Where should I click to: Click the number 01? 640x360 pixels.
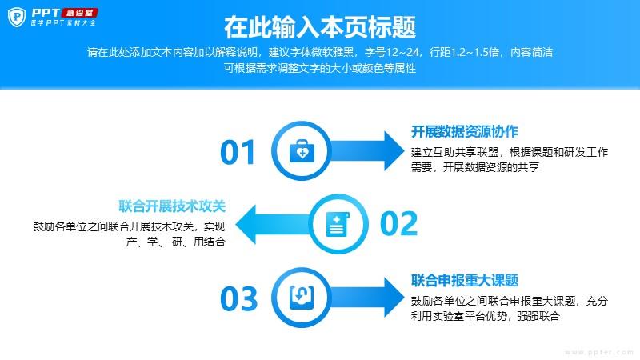(238, 152)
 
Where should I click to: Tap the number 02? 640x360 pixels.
(398, 223)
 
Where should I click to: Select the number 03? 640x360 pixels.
(238, 298)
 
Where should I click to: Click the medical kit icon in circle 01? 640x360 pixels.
(302, 151)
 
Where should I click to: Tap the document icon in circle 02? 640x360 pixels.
(338, 224)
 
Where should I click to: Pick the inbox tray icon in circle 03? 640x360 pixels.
(302, 298)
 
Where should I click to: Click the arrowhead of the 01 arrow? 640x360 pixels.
(394, 150)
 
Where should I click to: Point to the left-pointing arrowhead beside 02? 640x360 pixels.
(246, 224)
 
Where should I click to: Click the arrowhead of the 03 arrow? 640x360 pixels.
(394, 298)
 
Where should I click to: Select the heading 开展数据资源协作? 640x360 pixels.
(465, 132)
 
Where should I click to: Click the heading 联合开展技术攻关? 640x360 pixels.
(172, 206)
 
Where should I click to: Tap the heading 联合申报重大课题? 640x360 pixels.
(465, 281)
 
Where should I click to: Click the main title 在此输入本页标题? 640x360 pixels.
(320, 27)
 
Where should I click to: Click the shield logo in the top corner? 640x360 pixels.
(17, 17)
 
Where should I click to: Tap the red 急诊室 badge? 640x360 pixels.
(79, 13)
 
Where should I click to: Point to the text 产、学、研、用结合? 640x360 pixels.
(176, 242)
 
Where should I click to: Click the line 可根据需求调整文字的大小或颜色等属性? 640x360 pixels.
(320, 68)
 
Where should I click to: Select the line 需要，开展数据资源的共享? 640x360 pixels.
(475, 167)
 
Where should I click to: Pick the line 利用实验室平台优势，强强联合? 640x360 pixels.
(486, 316)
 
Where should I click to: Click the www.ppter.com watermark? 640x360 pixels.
(599, 352)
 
